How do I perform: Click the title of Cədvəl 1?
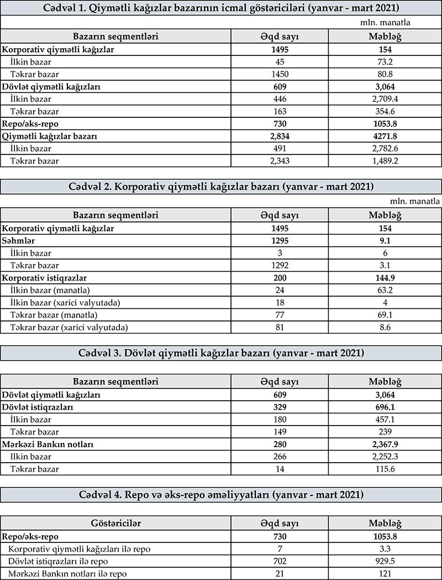click(x=221, y=8)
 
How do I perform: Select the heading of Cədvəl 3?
click(x=221, y=353)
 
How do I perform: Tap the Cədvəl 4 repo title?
click(x=221, y=494)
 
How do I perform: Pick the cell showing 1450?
click(x=280, y=74)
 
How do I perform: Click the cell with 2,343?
click(x=280, y=160)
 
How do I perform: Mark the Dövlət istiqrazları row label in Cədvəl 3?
click(x=38, y=407)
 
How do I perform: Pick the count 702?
click(x=280, y=561)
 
